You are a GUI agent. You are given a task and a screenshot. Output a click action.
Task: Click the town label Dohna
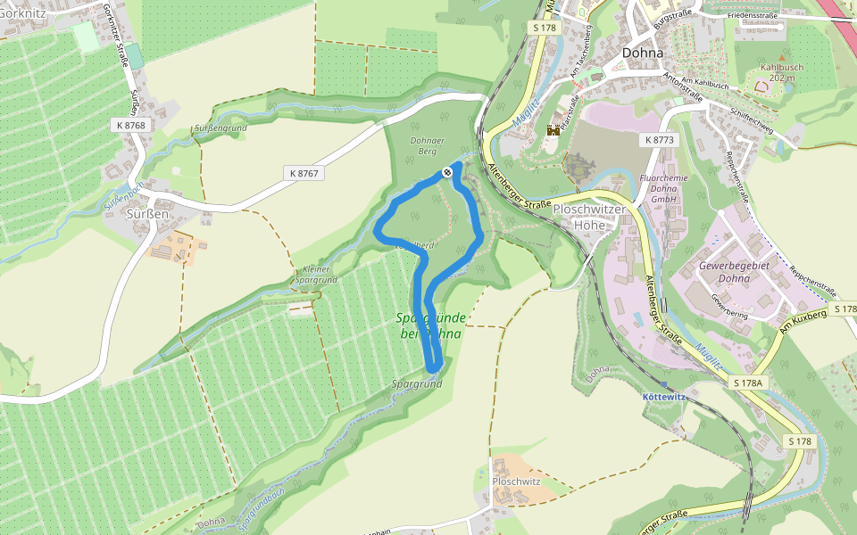[x=643, y=53]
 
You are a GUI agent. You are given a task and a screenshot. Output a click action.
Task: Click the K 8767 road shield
[x=304, y=172]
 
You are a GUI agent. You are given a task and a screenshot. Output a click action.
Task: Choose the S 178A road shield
[x=748, y=383]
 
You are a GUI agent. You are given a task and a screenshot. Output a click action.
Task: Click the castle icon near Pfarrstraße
[x=553, y=131]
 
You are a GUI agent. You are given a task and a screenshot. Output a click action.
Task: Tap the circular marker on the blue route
[x=446, y=172]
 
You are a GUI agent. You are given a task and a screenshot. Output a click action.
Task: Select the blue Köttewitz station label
[x=664, y=396]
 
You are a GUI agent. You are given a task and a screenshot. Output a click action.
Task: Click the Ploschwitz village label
[x=516, y=481]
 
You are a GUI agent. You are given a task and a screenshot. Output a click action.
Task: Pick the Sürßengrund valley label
[x=220, y=128]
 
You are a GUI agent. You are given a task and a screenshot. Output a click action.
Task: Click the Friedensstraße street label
[x=752, y=16]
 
